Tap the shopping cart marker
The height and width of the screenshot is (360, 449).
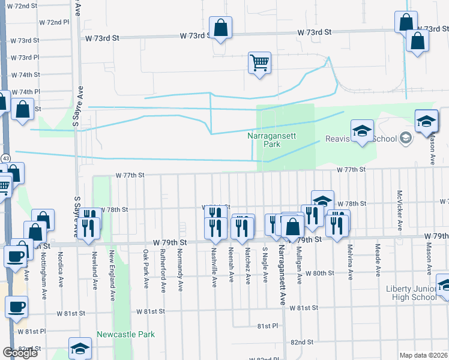(259, 62)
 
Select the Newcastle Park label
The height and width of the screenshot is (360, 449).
(126, 334)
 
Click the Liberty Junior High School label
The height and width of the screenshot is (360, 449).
(411, 293)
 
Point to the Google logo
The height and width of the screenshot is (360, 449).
(20, 353)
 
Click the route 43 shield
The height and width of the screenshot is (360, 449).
(5, 157)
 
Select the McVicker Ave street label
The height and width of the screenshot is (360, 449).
(399, 210)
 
